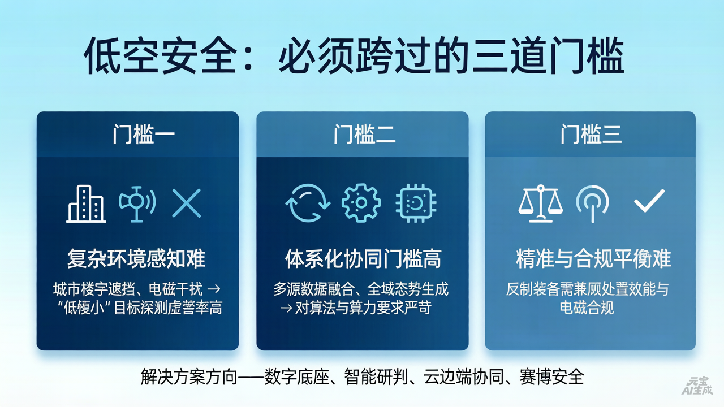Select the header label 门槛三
click(591, 135)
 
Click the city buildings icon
click(86, 203)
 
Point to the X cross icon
click(187, 203)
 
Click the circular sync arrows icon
click(307, 203)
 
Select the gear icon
click(361, 203)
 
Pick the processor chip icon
click(416, 203)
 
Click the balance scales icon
click(540, 203)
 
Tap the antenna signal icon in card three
click(592, 203)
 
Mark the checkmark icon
click(649, 202)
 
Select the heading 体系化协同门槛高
click(363, 259)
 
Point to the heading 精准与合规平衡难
click(593, 259)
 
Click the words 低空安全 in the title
click(159, 57)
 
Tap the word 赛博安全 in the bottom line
click(551, 376)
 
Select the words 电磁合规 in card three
click(587, 308)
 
